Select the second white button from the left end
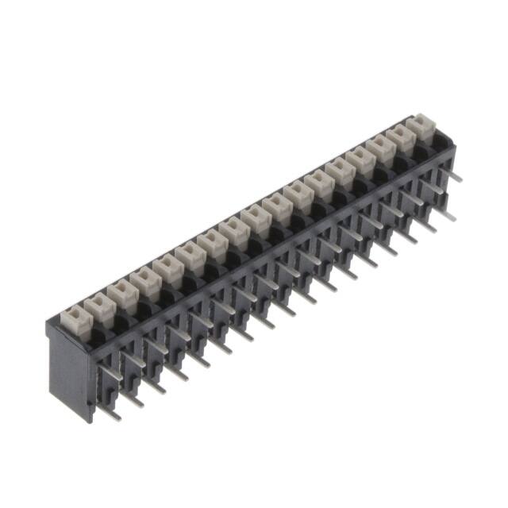pos(97,305)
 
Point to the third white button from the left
pos(121,291)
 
